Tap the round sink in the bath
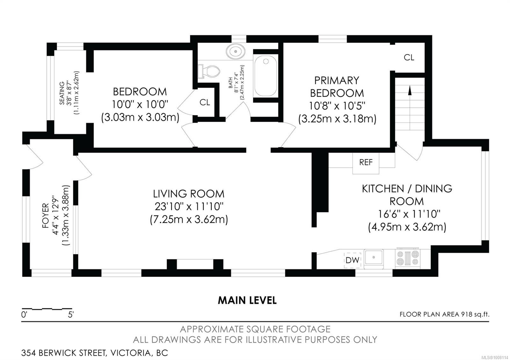point(236,51)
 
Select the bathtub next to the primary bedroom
point(266,76)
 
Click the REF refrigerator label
point(366,162)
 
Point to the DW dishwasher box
point(352,260)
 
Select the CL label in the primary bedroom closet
point(409,58)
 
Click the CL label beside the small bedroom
point(205,102)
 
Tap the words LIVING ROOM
point(188,194)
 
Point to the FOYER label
point(46,215)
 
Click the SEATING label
point(62,93)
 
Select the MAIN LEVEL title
point(247,300)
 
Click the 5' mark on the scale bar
point(70,315)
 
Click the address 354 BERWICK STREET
point(64,353)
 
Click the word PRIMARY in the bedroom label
point(337,81)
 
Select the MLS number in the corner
point(497,357)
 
